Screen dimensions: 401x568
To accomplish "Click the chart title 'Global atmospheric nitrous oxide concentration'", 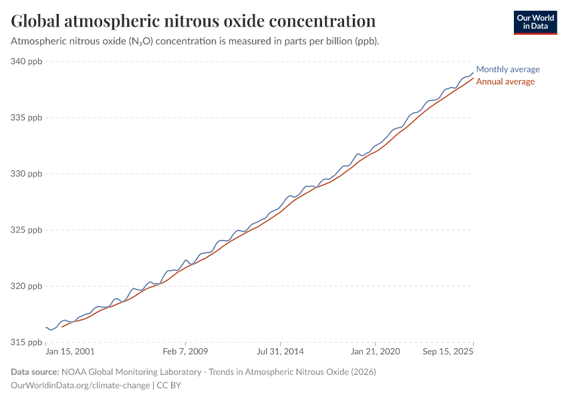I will (x=193, y=21).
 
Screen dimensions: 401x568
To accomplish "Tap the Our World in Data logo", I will (x=535, y=22).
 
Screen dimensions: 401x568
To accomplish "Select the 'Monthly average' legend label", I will (x=508, y=70).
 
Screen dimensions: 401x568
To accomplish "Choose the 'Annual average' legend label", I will (x=505, y=82).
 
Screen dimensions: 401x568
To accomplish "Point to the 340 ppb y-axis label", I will (x=27, y=61).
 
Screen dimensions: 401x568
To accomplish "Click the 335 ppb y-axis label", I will (x=27, y=118).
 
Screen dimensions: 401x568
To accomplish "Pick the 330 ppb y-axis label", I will (x=27, y=174).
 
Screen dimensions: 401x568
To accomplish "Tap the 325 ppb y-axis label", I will (x=27, y=230).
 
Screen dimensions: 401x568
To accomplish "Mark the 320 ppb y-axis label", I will (x=27, y=286).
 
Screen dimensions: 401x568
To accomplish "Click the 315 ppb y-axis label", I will (x=27, y=342).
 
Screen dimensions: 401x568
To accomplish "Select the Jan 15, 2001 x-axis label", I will (x=70, y=352).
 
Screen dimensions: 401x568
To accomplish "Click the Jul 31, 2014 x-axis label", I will (x=281, y=352).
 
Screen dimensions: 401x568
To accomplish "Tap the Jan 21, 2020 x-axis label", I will (x=374, y=352).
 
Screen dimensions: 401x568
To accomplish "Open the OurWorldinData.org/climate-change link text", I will (x=81, y=386).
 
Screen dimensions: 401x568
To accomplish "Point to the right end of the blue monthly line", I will (x=473, y=73).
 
